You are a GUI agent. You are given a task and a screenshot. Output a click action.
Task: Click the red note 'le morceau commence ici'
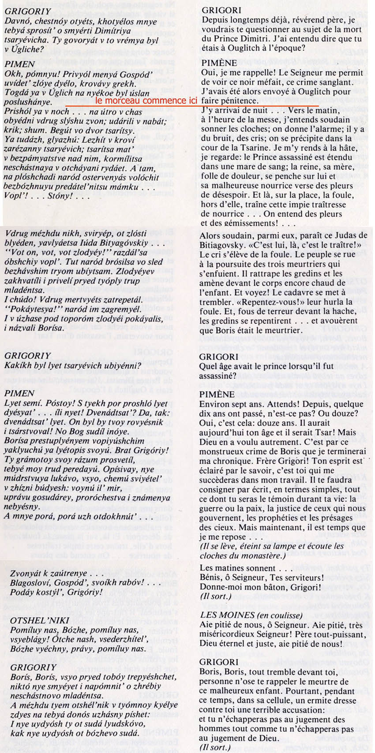click(x=146, y=101)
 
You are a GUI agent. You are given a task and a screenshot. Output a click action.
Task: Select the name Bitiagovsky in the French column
click(x=221, y=245)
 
